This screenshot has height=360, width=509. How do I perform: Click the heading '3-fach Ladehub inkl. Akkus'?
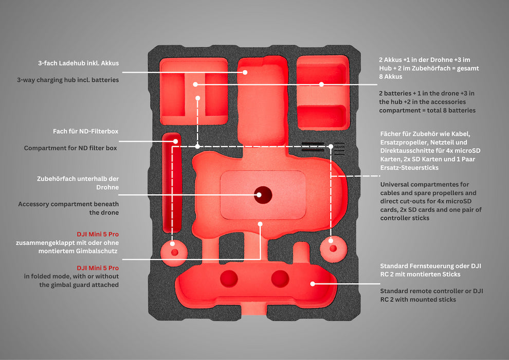[x=78, y=63]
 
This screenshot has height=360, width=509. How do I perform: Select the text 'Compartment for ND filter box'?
[x=71, y=148]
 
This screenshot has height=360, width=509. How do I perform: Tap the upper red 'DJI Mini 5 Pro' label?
[x=98, y=234]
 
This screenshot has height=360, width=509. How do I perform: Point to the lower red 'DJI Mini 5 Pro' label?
[x=98, y=268]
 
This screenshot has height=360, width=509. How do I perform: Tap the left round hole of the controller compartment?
[x=229, y=279]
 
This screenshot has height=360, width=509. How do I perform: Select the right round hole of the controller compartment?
[x=280, y=279]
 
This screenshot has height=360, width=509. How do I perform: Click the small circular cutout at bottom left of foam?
[x=175, y=252]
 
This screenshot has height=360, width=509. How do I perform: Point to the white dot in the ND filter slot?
[x=175, y=141]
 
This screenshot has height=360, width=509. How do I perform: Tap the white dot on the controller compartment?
[x=312, y=283]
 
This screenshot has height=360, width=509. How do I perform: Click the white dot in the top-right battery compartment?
[x=321, y=84]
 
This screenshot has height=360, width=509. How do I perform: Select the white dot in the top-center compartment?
[x=245, y=72]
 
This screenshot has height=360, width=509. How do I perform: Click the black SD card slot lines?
[x=313, y=147]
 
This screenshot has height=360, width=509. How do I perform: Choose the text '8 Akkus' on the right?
[x=390, y=77]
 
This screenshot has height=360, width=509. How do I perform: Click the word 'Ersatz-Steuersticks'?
[x=409, y=168]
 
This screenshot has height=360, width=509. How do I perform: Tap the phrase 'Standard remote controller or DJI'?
[x=431, y=291]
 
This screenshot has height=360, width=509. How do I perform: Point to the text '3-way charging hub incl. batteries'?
[x=68, y=80]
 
